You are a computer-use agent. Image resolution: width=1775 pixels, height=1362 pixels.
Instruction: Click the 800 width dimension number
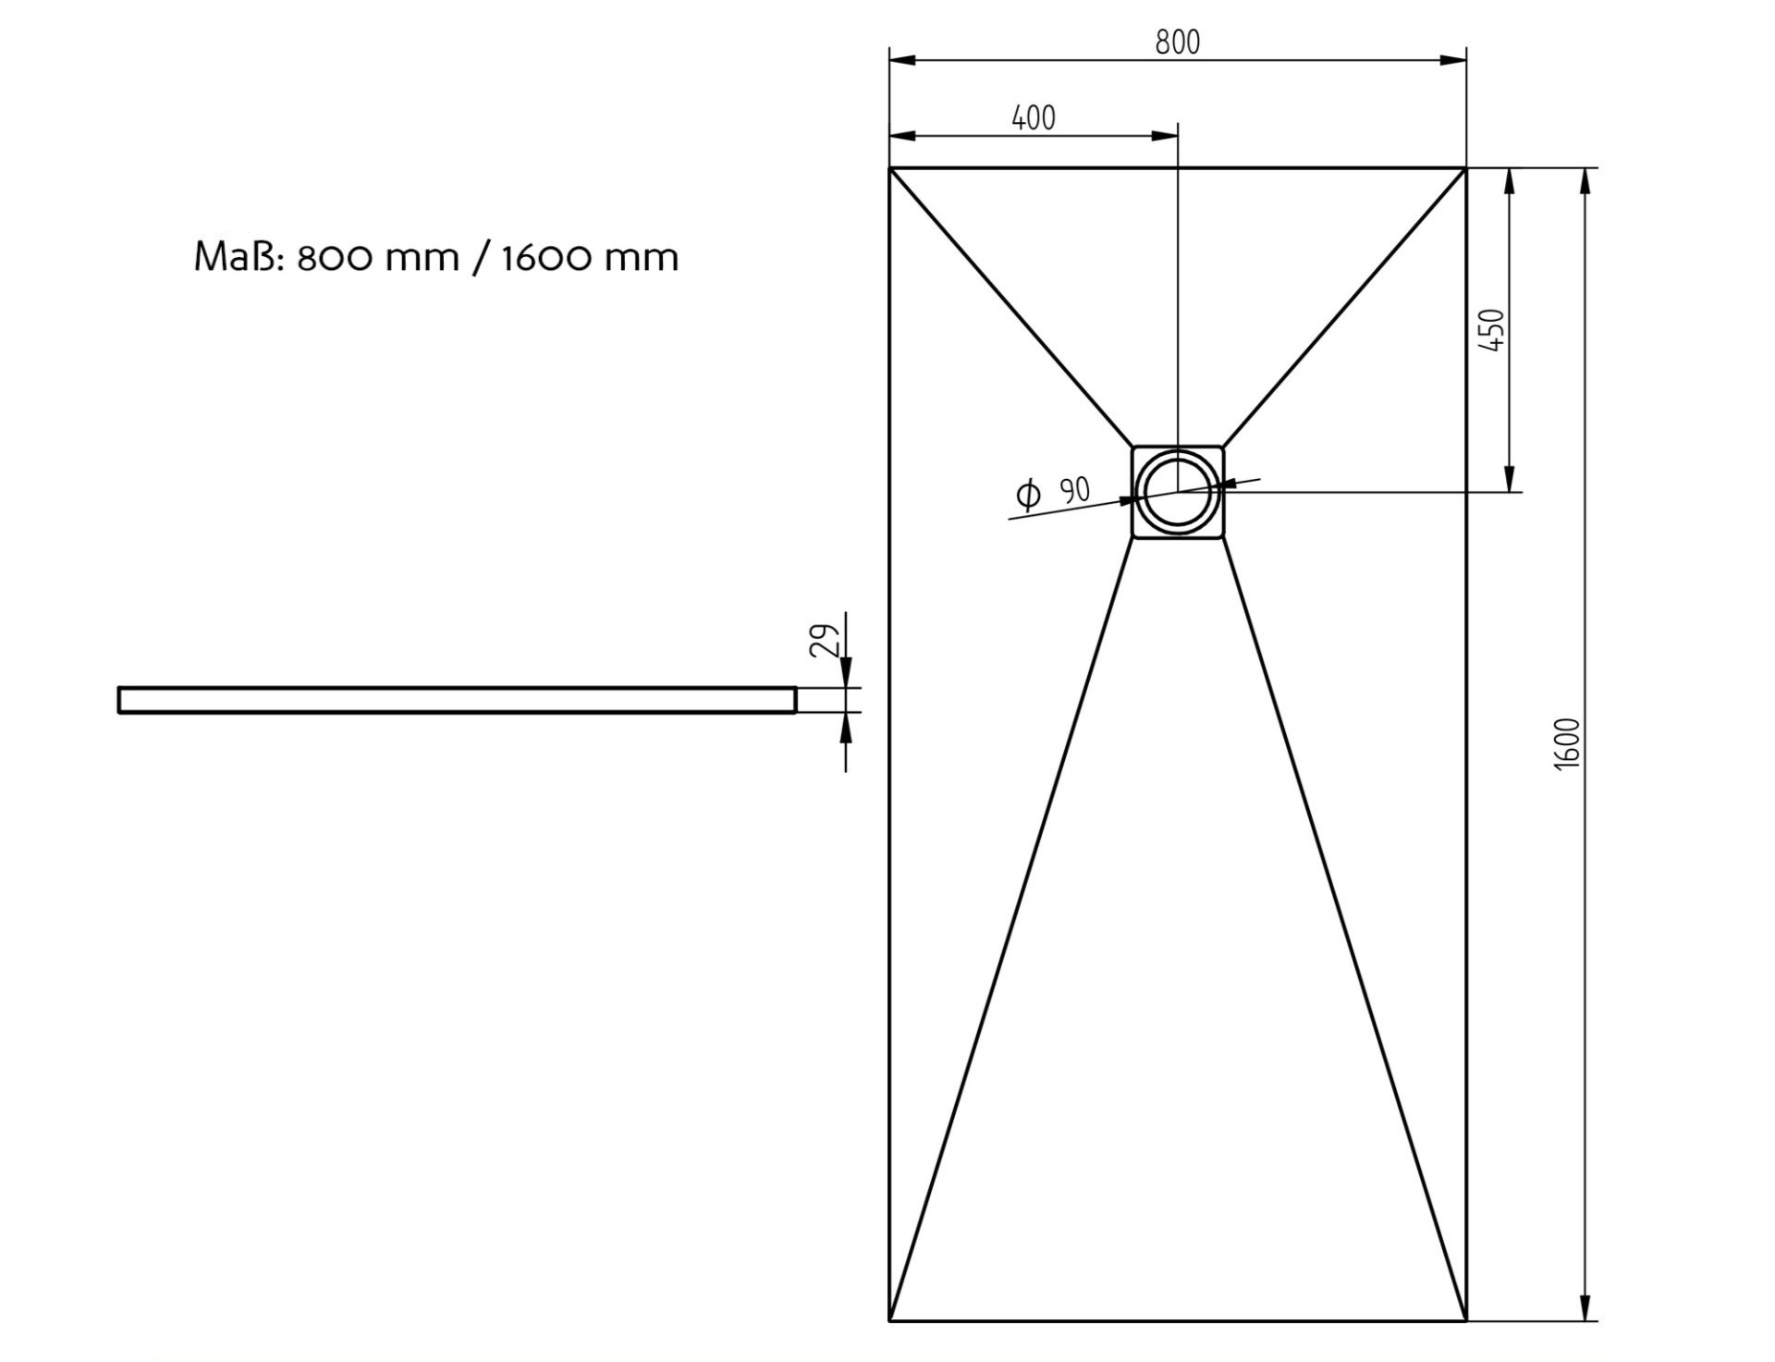tap(1177, 43)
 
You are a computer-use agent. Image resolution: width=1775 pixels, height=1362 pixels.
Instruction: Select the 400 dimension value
tap(1034, 118)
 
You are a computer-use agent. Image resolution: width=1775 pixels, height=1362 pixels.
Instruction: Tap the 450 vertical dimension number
tap(1492, 330)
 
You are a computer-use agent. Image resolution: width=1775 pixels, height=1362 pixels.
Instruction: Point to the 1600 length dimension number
tap(1568, 743)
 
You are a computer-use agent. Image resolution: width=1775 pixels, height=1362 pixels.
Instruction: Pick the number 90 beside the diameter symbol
tap(1075, 490)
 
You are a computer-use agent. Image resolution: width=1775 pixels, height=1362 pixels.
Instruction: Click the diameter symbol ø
tap(1028, 495)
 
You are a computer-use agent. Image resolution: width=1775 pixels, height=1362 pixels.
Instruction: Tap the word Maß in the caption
tap(236, 256)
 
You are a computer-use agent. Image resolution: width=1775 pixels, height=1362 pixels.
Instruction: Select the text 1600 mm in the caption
tap(590, 257)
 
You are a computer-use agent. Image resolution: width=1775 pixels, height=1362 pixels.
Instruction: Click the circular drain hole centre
tap(1178, 492)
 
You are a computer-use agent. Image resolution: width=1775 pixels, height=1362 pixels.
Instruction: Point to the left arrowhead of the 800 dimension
tap(902, 60)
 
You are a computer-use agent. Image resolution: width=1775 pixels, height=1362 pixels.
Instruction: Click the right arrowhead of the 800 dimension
tap(1453, 60)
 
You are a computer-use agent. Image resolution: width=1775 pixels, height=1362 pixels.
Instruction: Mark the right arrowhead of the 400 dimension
tap(1165, 136)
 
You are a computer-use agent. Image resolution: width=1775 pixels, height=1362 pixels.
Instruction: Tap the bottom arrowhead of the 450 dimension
tap(1509, 479)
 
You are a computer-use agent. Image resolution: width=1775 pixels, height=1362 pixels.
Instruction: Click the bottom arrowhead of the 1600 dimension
tap(1585, 1307)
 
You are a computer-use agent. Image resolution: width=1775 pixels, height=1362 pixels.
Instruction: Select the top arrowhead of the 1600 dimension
tap(1585, 182)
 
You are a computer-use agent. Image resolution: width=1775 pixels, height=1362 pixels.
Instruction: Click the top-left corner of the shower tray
tap(889, 168)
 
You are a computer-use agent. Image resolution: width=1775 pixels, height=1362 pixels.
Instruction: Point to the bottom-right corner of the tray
tap(1466, 1321)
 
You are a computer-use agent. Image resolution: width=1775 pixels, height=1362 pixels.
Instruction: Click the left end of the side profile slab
tap(119, 700)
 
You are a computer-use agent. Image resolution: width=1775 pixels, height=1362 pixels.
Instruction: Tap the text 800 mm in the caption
tap(378, 257)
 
